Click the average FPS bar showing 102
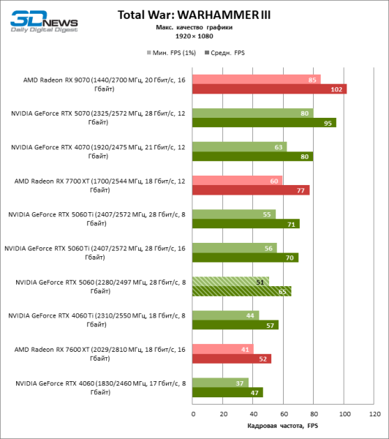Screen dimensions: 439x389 coord(269,89)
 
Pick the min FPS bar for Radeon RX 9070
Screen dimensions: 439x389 coord(256,79)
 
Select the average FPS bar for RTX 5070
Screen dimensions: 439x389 coord(264,123)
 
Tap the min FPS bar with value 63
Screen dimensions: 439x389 coord(240,146)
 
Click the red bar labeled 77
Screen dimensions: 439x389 coord(251,190)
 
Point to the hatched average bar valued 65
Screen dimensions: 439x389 coord(241,291)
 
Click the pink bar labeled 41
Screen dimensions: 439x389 coord(223,348)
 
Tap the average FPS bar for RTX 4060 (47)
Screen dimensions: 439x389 coord(227,392)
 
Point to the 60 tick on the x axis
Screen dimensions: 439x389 coord(283,413)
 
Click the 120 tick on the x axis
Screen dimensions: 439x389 coord(374,413)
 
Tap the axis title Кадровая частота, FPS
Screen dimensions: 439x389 coord(283,427)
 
